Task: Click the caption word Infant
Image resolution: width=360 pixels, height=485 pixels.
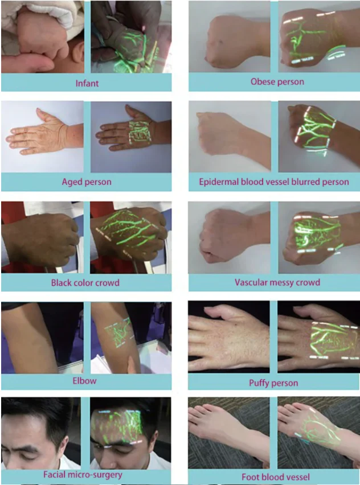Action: point(87,83)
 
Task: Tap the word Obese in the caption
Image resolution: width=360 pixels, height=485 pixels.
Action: point(263,81)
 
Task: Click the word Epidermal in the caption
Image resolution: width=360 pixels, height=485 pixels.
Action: point(219,182)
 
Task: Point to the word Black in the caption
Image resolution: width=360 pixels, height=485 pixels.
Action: point(62,283)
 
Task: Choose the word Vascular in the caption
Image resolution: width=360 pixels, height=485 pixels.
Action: point(251,282)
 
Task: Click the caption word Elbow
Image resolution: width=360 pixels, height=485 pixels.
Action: point(84,381)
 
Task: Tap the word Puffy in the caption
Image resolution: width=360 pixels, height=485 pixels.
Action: point(260,383)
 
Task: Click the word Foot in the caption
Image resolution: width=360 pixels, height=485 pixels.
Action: point(249,477)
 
